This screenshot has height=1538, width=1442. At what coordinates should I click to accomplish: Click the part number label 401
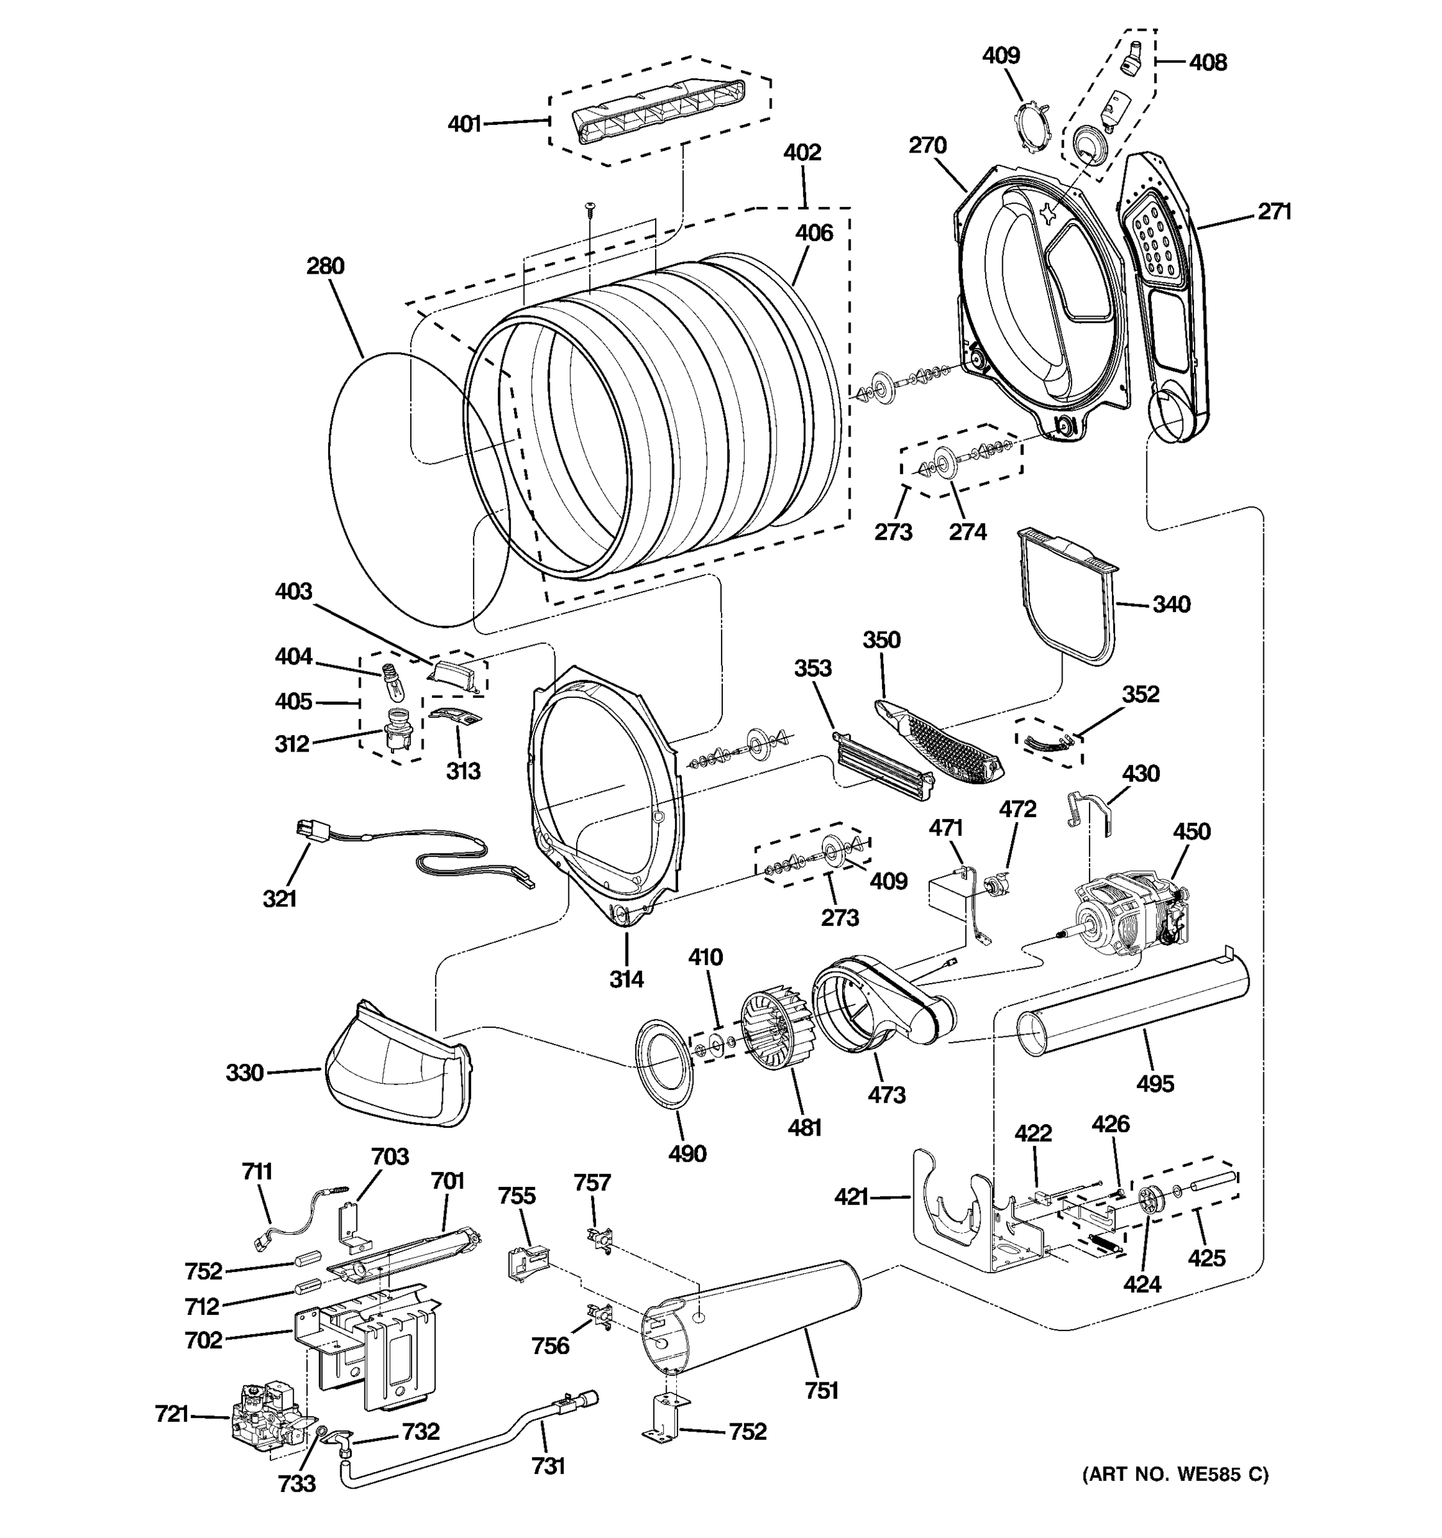coord(465,124)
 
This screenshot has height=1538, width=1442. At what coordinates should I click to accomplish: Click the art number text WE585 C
coord(1175,1475)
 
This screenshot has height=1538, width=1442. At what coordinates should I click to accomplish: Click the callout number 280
coord(325,266)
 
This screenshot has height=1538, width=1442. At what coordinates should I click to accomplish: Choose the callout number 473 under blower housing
coord(886,1095)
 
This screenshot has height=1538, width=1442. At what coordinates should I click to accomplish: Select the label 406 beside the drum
coord(814,233)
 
